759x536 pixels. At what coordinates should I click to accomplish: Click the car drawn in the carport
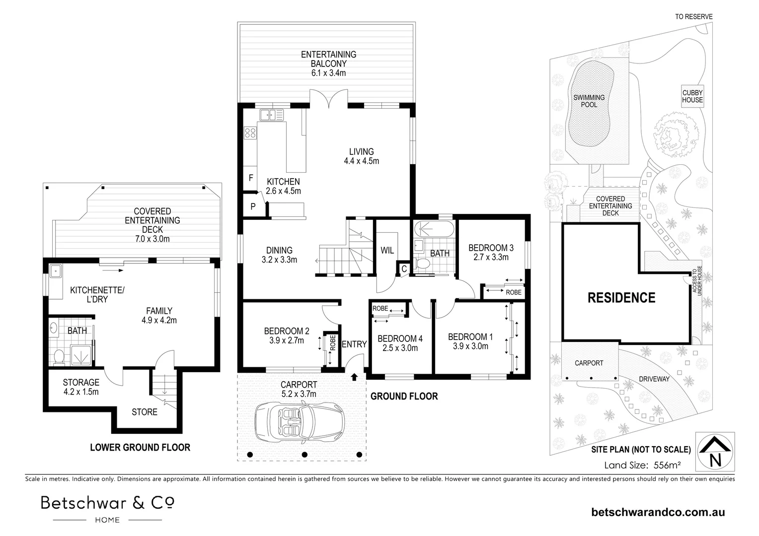(x=300, y=421)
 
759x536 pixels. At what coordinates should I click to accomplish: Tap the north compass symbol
(x=715, y=452)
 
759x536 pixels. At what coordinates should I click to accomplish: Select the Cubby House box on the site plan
(x=692, y=96)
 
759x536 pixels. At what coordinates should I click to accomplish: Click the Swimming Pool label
(x=589, y=101)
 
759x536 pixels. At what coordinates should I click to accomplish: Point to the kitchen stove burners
(x=250, y=133)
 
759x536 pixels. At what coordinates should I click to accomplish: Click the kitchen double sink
(x=272, y=115)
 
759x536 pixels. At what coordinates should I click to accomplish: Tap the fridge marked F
(x=250, y=178)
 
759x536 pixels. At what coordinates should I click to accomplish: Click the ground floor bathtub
(x=434, y=229)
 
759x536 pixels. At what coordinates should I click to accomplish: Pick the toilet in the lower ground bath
(x=59, y=357)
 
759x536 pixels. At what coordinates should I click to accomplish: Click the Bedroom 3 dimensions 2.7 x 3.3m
(x=491, y=258)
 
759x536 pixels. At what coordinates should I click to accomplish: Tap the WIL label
(x=387, y=250)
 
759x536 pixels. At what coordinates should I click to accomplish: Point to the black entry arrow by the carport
(x=354, y=377)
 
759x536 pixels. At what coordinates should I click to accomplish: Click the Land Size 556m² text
(x=642, y=465)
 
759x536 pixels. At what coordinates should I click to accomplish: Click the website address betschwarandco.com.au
(x=658, y=512)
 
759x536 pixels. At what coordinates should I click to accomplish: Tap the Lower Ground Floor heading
(x=140, y=447)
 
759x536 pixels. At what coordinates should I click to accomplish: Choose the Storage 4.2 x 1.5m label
(x=81, y=387)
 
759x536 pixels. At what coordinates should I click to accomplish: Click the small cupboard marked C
(x=404, y=269)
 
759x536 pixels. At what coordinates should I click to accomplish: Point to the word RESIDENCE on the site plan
(x=621, y=298)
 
